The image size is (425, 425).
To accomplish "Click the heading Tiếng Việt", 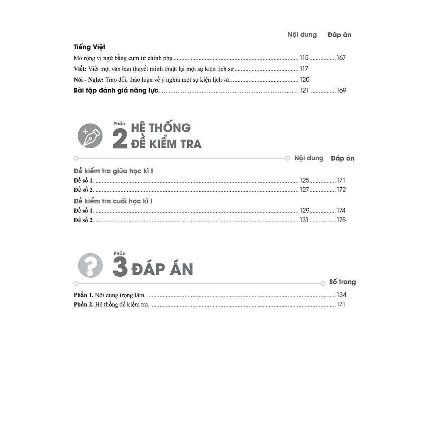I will coord(89,47).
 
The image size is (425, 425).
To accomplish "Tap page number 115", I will coord(304,58).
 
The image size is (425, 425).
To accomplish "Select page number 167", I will coord(341,58).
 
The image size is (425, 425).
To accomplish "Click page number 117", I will coord(304,69).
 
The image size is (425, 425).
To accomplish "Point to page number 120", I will coord(305,80).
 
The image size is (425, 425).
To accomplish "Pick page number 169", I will coord(341,90).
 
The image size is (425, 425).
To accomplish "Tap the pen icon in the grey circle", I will coord(90,136).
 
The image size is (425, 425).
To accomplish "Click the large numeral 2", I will coord(120,139).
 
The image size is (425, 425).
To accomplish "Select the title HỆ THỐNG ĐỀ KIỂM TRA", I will coord(166,136).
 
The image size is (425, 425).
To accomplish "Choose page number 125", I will coord(305,181).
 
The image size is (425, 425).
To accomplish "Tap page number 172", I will coord(341,190).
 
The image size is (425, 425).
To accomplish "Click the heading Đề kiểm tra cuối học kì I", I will coord(113,201).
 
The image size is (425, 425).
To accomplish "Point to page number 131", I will coord(304,220).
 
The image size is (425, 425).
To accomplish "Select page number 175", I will coord(341,220).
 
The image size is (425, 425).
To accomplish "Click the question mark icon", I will coord(90,265).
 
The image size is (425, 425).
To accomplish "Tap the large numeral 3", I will coord(120,268).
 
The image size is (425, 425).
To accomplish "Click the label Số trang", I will coord(342,282).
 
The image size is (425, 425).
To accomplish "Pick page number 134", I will coord(342,295).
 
